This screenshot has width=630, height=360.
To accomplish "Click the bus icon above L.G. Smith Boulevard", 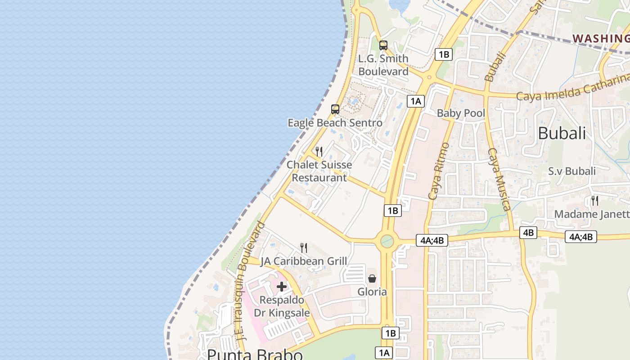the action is coord(383,45).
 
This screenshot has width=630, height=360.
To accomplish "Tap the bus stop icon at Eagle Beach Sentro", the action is coord(335,109).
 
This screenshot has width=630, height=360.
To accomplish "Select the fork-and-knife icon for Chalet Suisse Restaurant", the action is coord(319,152).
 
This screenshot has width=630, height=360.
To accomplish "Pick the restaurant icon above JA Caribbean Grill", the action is coord(304,248).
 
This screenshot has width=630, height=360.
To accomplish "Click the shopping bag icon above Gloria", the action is coord(372,279).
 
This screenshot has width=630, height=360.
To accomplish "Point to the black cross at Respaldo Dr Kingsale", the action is coord(282,287).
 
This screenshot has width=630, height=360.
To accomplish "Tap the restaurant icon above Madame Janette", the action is coord(594,200).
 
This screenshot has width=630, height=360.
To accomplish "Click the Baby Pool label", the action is coord(461,113).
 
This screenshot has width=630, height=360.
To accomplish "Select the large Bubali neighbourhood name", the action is coord(562,133).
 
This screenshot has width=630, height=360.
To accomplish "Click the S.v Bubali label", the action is coord(571,171).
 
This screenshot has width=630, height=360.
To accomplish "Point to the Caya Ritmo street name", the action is coord(439,171).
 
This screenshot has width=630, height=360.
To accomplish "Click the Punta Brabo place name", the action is coord(255,354).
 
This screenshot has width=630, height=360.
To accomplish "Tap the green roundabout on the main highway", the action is coord(387,241).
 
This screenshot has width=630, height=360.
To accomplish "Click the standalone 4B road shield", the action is coord(528,233).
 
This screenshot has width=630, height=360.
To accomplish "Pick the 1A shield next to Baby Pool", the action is coord(416,101).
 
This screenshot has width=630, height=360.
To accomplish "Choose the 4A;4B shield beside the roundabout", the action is coord(432,240).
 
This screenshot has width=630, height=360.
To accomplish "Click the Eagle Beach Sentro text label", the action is coord(335,123).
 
